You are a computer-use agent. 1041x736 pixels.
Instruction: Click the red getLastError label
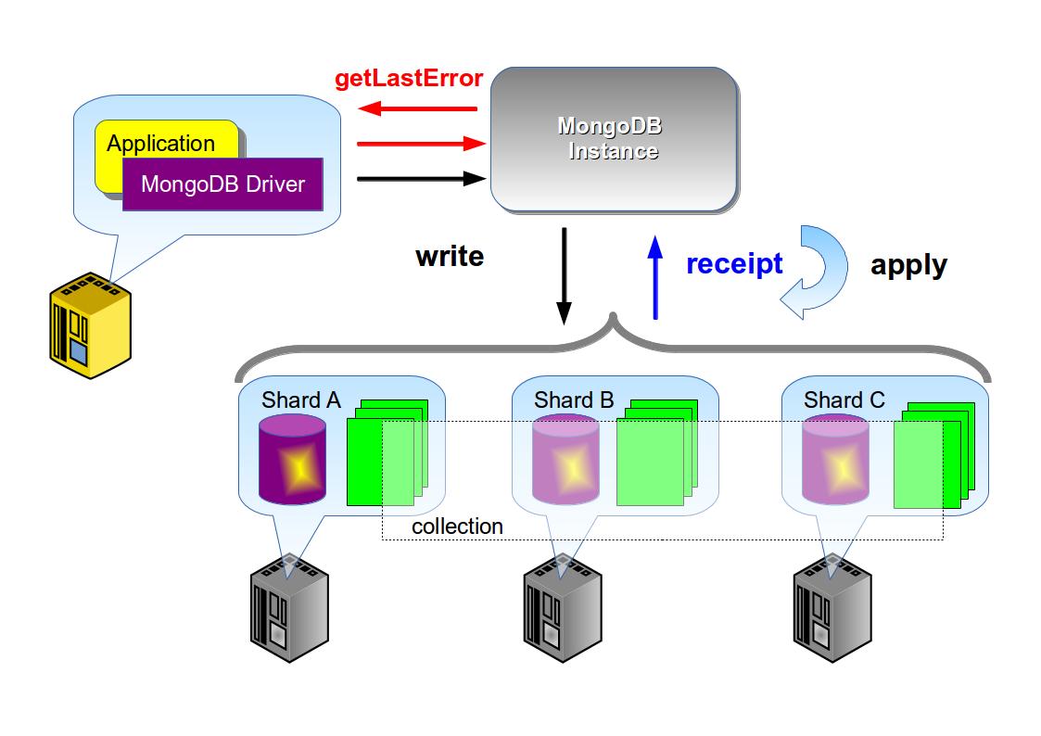coord(409,78)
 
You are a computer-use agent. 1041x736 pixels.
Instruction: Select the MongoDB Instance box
coord(613,138)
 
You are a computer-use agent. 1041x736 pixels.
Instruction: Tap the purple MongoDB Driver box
coord(222,184)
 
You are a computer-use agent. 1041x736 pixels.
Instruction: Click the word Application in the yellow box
coord(160,144)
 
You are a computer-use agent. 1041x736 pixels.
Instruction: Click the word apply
coord(908,265)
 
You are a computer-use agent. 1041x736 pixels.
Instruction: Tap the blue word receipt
coord(734,264)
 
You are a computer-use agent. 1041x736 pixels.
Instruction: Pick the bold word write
coord(450,256)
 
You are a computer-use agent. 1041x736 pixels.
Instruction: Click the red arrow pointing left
coord(417,108)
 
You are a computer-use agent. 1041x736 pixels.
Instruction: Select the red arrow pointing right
coord(422,144)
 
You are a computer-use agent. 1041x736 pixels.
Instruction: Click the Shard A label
coord(301,400)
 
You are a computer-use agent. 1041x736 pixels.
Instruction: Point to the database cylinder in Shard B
coord(565,460)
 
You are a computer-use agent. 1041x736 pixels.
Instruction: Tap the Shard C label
coord(844,400)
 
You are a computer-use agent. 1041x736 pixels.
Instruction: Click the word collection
coord(457,527)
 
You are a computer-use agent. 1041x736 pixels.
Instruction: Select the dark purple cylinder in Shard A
coord(293,460)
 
